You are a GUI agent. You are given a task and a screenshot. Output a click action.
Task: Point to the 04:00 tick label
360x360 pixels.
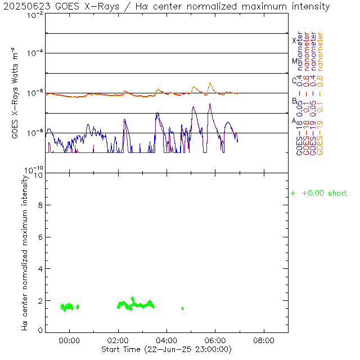pyautogui.click(x=167, y=341)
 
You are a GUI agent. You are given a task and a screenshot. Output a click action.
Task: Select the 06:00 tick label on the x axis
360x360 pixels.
pyautogui.click(x=215, y=341)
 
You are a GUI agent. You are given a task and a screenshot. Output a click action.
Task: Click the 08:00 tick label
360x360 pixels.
pyautogui.click(x=264, y=341)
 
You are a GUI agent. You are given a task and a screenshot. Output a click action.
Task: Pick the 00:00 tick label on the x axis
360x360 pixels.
pyautogui.click(x=70, y=341)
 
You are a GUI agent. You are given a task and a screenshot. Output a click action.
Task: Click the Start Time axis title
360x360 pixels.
pyautogui.click(x=166, y=350)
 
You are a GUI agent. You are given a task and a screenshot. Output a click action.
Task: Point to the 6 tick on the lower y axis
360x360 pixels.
pyautogui.click(x=39, y=237)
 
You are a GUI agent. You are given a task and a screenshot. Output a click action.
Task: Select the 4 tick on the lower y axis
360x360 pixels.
pyautogui.click(x=39, y=269)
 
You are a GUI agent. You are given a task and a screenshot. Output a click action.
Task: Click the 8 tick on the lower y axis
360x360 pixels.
pyautogui.click(x=39, y=206)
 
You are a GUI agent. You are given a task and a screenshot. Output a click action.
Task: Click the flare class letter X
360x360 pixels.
pyautogui.click(x=294, y=40)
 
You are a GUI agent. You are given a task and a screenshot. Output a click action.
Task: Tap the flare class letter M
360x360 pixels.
pyautogui.click(x=294, y=61)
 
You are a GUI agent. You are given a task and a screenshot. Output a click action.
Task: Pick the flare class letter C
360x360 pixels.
pyautogui.click(x=294, y=80)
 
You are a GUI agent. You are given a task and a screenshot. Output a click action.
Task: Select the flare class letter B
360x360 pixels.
pyautogui.click(x=294, y=101)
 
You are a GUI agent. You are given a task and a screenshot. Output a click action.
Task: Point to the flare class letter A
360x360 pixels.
pyautogui.click(x=294, y=120)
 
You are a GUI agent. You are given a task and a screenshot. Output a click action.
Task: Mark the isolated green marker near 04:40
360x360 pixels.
pyautogui.click(x=183, y=308)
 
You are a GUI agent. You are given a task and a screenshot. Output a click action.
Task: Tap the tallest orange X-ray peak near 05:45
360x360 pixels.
pyautogui.click(x=210, y=83)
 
